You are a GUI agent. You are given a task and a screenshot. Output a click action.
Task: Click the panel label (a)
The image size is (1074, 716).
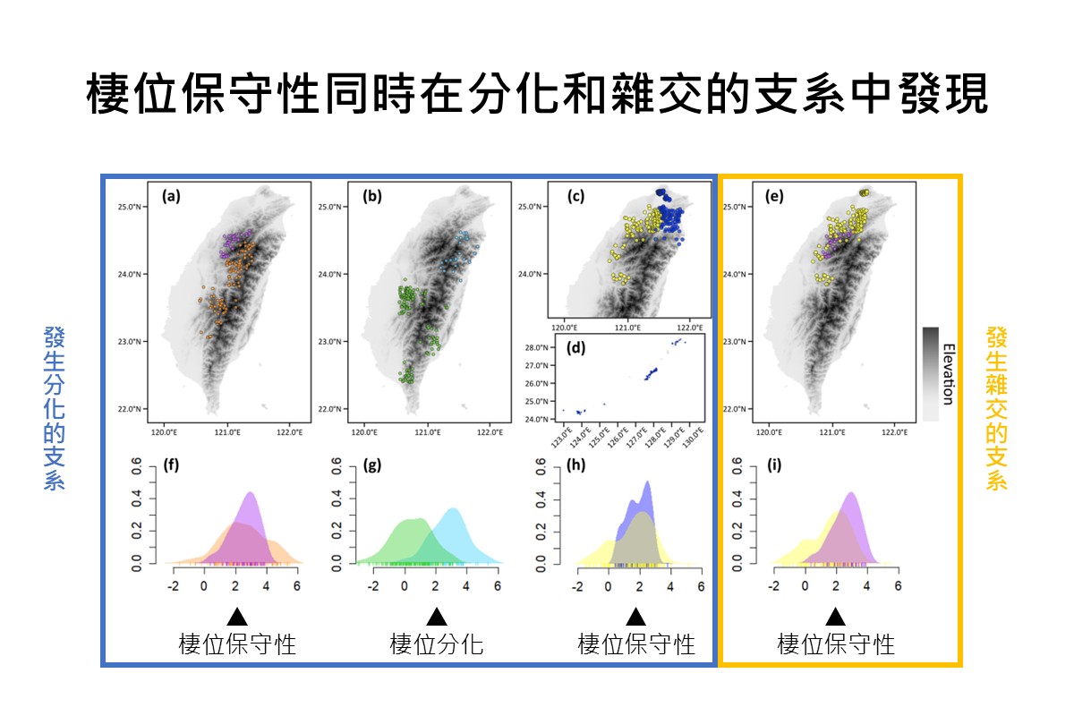click(171, 197)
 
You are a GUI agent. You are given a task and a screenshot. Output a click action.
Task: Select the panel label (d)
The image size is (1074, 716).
click(575, 348)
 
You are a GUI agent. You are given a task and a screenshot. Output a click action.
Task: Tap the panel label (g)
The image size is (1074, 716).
click(372, 465)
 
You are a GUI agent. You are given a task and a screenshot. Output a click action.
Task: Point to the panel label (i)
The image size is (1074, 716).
click(774, 465)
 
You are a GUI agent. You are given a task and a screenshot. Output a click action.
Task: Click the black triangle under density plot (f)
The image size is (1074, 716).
click(237, 618)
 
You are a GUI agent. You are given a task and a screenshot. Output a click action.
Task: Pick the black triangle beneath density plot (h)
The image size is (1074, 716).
click(635, 618)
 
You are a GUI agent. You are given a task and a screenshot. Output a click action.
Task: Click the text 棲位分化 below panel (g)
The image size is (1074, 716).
click(437, 644)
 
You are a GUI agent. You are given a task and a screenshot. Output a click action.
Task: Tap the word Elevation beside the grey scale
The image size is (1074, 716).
click(949, 374)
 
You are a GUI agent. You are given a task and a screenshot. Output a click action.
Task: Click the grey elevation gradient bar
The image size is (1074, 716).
click(931, 374)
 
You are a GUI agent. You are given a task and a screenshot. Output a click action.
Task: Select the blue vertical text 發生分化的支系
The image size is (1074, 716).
click(55, 409)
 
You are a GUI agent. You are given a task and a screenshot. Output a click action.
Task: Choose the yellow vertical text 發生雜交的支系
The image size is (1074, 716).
click(997, 409)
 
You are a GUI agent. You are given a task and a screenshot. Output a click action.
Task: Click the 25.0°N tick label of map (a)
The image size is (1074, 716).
click(130, 207)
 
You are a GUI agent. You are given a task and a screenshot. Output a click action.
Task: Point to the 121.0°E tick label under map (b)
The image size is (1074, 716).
click(428, 432)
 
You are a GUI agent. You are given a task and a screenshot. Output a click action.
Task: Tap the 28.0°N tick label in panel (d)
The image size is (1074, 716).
click(536, 347)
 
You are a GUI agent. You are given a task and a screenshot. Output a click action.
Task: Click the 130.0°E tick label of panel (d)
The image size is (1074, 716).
click(694, 438)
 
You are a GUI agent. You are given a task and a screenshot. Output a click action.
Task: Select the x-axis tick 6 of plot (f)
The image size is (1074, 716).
click(297, 586)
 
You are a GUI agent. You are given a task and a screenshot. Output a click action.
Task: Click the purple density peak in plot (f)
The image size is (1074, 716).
click(251, 494)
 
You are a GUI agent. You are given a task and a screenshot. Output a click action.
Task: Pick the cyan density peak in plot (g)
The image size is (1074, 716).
click(453, 510)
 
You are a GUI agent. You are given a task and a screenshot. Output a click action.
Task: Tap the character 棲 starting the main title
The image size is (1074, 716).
click(107, 93)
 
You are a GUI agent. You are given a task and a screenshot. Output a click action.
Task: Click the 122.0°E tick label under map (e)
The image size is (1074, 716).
click(895, 432)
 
